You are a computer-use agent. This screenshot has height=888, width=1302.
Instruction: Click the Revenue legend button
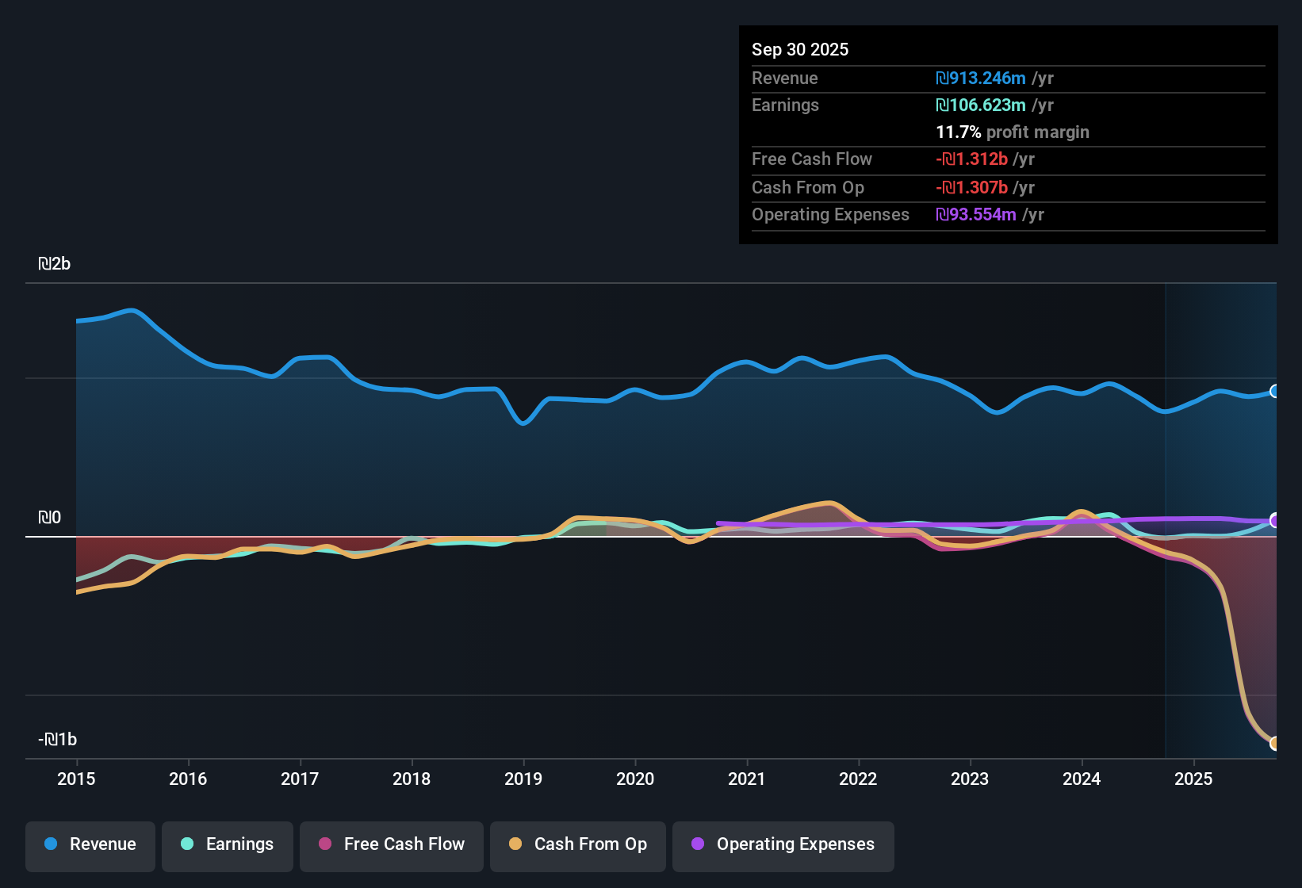click(x=90, y=844)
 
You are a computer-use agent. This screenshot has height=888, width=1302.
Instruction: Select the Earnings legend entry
click(x=228, y=844)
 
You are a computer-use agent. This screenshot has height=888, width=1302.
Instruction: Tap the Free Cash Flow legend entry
click(x=392, y=844)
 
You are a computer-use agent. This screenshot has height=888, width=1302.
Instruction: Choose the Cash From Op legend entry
click(x=578, y=844)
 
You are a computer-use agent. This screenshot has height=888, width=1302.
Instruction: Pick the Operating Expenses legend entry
click(x=783, y=844)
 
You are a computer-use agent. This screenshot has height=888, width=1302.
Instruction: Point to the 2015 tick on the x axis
click(x=76, y=779)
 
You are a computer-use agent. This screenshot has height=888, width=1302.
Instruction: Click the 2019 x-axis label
click(x=523, y=779)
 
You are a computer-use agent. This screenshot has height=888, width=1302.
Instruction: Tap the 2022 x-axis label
click(x=858, y=779)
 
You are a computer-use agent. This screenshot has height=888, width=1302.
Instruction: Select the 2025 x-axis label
click(x=1193, y=779)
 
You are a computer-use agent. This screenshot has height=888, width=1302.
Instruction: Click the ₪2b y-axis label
click(x=54, y=264)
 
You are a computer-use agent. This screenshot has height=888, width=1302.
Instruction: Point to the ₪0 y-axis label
click(x=49, y=518)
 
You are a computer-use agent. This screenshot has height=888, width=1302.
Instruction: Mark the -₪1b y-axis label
click(x=57, y=740)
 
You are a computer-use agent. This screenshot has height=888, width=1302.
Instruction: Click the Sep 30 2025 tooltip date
click(x=799, y=49)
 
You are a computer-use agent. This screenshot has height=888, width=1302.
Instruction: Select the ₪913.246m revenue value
click(x=981, y=78)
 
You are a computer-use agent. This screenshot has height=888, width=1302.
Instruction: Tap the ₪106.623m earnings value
click(x=981, y=105)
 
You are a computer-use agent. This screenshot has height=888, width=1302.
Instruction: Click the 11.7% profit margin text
click(x=1012, y=132)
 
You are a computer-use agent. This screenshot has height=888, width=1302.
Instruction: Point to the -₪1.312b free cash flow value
click(x=971, y=159)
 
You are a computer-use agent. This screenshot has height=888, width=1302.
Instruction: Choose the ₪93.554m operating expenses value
click(x=976, y=215)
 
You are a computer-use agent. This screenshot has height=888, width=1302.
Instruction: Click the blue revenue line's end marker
click(x=1274, y=391)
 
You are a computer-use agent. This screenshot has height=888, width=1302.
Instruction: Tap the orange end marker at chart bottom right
click(x=1274, y=743)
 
